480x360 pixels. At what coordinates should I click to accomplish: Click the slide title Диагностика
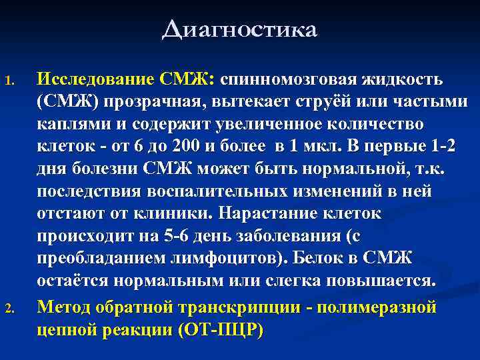click(x=239, y=30)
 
